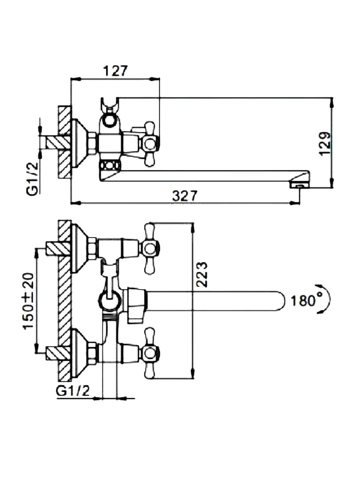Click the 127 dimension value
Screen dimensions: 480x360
tap(115, 71)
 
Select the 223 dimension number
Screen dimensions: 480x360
tap(201, 274)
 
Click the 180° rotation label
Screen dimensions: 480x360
tap(306, 300)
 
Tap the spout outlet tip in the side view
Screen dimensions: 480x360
tap(298, 185)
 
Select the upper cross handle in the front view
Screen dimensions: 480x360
tap(149, 247)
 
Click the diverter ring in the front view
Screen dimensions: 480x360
tap(109, 300)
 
